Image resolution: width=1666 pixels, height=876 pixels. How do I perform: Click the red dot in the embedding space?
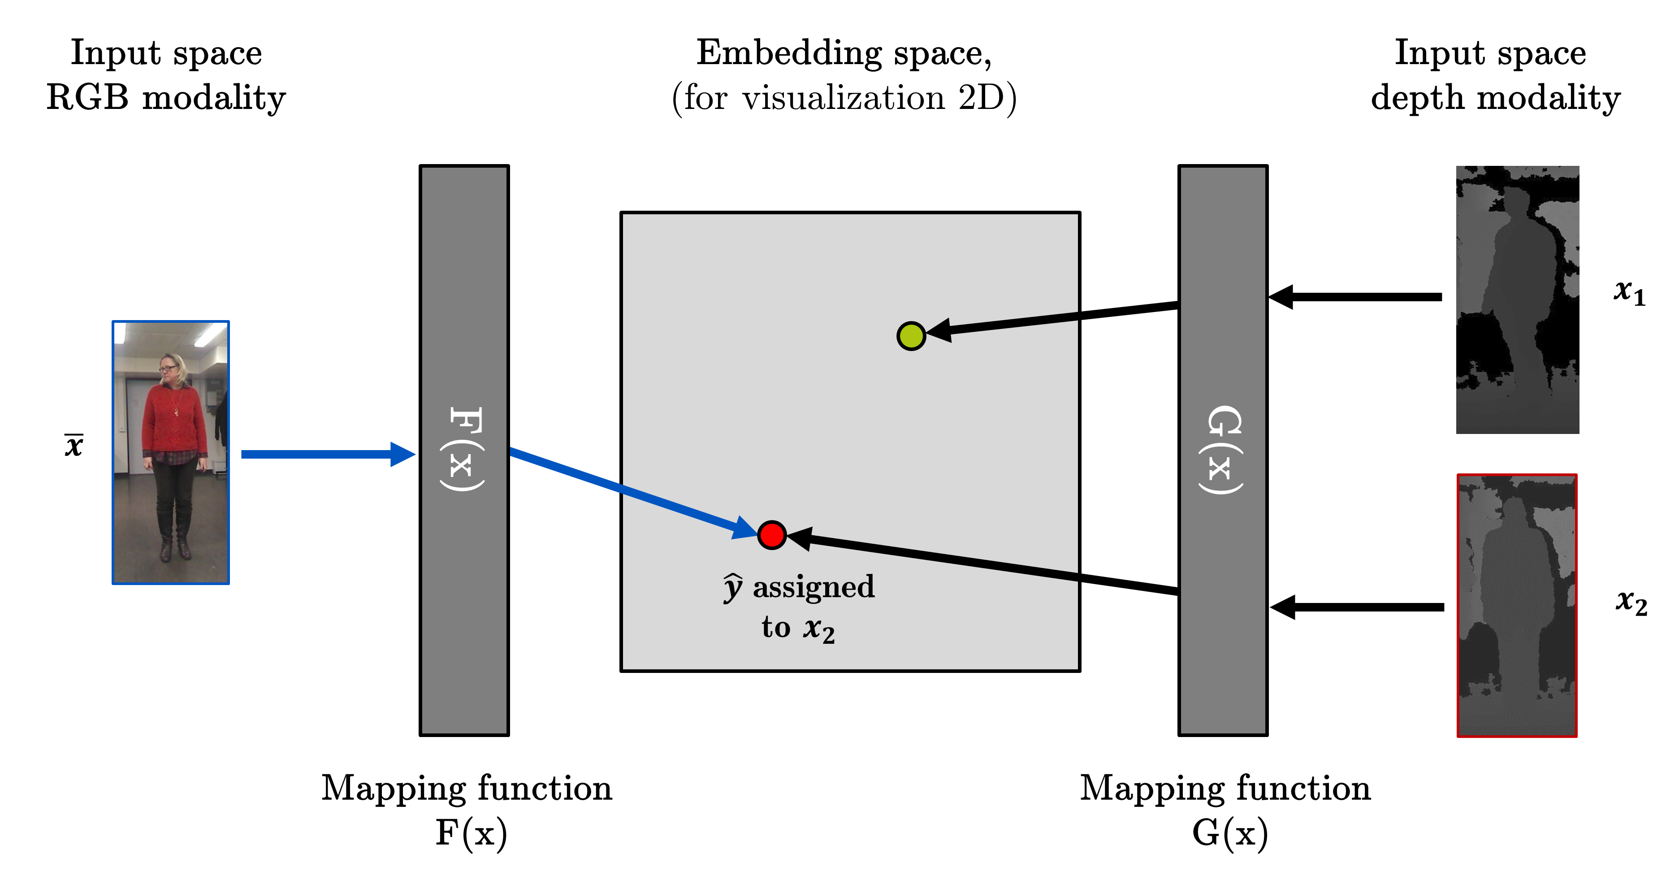[x=771, y=535]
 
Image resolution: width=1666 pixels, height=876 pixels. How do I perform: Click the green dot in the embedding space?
[x=911, y=336]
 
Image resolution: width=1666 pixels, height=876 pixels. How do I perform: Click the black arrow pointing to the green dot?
[x=1060, y=318]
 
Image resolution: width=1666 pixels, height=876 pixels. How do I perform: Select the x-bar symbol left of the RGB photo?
[x=74, y=445]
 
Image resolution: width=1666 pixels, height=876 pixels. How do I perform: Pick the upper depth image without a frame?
[x=1517, y=299]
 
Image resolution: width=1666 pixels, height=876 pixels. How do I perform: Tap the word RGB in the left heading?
[x=87, y=98]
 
